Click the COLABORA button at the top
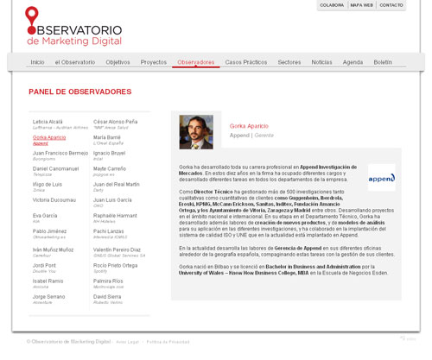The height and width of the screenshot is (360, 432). point(332,5)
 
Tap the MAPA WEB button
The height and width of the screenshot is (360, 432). point(361,5)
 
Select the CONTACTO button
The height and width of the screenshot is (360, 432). point(391,5)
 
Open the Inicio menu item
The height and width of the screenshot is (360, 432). point(37,62)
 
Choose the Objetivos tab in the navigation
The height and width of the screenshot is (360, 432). point(118,62)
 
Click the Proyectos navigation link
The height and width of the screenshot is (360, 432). point(154,62)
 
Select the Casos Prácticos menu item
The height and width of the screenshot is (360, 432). point(246,62)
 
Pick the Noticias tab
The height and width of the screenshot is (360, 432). point(321,62)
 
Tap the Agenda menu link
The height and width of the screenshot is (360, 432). point(353,62)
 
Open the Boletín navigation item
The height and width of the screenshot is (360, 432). point(383,62)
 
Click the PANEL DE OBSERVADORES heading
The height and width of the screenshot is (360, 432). point(79,92)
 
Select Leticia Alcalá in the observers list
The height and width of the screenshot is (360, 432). point(48,122)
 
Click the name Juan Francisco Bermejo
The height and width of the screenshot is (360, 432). point(60,153)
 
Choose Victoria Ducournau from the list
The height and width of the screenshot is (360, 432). point(54,199)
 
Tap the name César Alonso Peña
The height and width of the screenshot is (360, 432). point(115,122)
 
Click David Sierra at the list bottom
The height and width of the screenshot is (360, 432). point(108,296)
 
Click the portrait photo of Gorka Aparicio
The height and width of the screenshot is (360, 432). point(196,132)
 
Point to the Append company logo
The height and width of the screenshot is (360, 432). point(381,177)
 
